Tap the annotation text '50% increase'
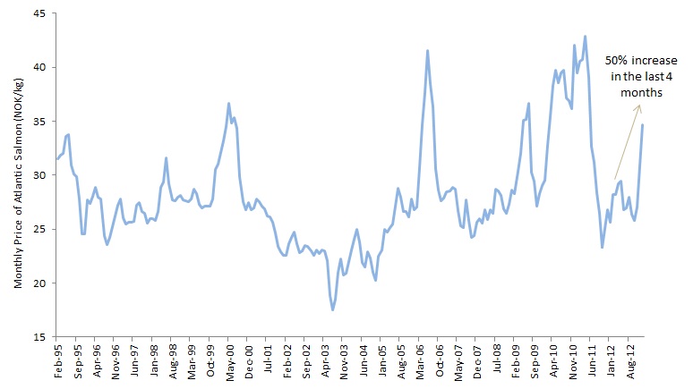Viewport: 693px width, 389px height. (634, 61)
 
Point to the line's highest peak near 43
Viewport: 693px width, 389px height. (585, 37)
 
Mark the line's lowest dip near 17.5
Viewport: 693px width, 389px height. (333, 309)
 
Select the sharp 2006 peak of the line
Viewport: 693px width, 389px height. (427, 50)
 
